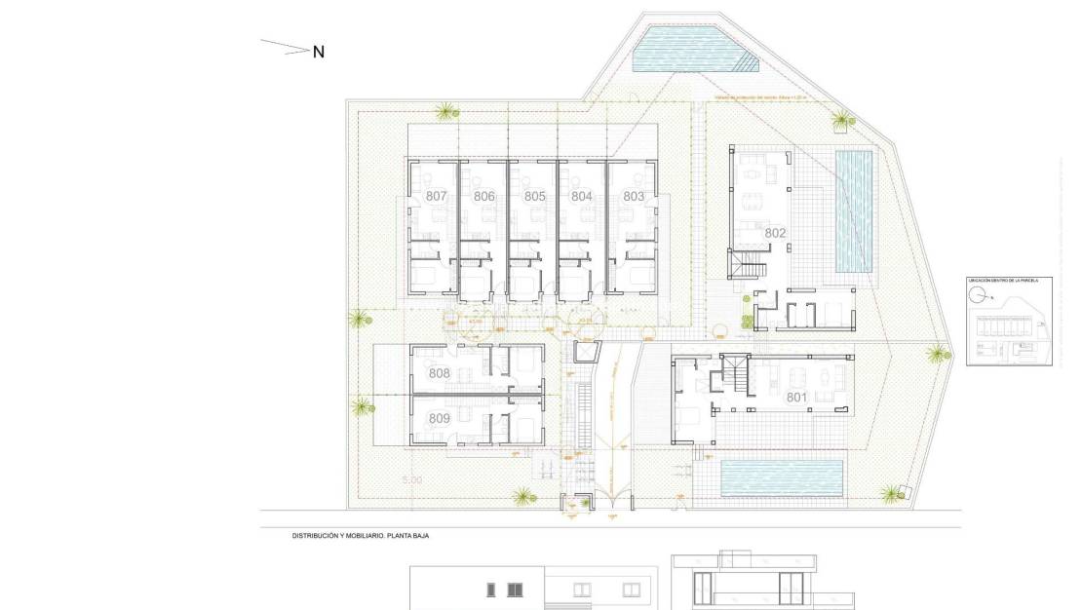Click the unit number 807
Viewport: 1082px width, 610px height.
point(436,197)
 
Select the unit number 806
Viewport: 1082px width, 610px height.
point(484,197)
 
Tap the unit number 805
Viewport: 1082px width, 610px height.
point(534,197)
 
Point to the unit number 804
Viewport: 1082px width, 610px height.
point(582,197)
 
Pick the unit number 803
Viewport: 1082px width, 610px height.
point(634,197)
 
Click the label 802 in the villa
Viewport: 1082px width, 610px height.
point(775,233)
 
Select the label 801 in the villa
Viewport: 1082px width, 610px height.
point(797,397)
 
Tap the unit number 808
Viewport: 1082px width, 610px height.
point(439,374)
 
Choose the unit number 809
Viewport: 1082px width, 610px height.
point(439,418)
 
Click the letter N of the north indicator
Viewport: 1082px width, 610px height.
point(318,53)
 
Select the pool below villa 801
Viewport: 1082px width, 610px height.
point(781,477)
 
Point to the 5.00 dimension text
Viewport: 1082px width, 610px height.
point(412,480)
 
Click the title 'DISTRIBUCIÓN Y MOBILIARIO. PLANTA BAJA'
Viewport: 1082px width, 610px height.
point(361,536)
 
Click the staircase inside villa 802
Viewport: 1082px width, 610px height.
point(748,263)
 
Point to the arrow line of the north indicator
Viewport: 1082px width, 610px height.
point(285,47)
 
